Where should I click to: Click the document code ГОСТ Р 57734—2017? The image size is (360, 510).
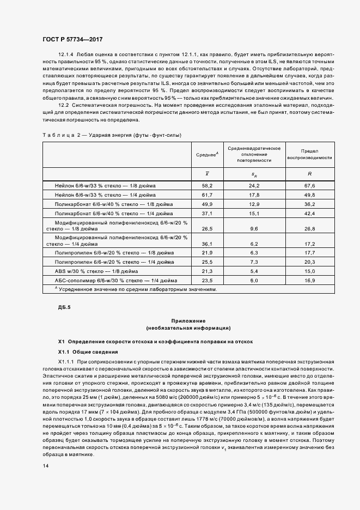[x=72, y=40]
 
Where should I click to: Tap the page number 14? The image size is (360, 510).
[x=45, y=466]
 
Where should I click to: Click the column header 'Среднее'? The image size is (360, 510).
[x=207, y=155]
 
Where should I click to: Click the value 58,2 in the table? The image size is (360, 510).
[x=207, y=186]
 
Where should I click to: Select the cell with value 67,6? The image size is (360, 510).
[x=309, y=186]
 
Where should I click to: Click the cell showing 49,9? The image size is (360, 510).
[x=207, y=204]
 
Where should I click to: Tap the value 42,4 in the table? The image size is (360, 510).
[x=309, y=213]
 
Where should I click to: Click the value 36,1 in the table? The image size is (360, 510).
[x=207, y=244]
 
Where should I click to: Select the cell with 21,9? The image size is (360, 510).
[x=207, y=253]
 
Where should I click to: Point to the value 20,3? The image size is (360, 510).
[x=309, y=262]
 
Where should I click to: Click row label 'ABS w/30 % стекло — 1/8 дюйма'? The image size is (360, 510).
[x=96, y=271]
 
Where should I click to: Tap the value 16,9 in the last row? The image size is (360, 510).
[x=309, y=280]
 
